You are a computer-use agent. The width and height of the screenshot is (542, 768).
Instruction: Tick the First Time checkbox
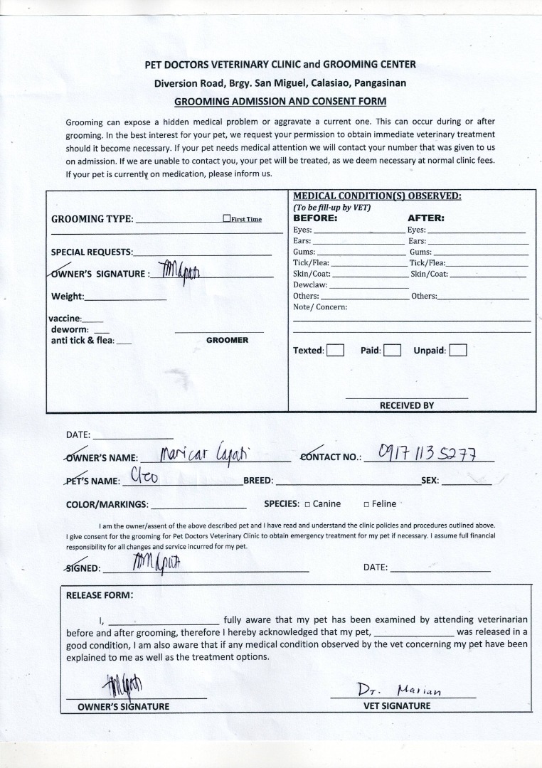tap(226, 219)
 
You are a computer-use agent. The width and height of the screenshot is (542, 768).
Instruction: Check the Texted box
tap(335, 350)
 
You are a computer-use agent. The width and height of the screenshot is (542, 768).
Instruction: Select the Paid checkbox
tap(393, 350)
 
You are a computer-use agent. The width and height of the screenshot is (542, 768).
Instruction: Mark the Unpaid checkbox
tap(458, 350)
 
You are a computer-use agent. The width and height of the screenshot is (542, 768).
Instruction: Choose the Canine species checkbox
tap(307, 504)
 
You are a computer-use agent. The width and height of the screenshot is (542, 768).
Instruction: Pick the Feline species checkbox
tap(366, 504)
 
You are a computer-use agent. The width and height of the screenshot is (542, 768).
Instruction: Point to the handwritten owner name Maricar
tap(183, 453)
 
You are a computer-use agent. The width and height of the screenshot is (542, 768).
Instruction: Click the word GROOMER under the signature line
tap(227, 340)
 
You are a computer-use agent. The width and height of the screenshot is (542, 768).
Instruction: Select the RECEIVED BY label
tap(406, 405)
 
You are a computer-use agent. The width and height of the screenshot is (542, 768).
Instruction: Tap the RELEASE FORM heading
tap(99, 595)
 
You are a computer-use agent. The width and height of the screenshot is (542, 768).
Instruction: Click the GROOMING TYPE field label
tap(92, 219)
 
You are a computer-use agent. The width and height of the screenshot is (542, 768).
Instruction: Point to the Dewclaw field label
tap(310, 284)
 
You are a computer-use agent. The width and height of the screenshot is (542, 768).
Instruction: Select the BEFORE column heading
tap(315, 218)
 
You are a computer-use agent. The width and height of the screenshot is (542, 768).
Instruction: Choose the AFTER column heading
tap(425, 218)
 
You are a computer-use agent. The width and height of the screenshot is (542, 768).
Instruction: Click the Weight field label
tap(68, 297)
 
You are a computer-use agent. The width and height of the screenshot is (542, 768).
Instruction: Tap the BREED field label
tap(258, 481)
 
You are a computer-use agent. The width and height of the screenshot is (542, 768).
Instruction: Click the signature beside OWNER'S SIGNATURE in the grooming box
tap(181, 272)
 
